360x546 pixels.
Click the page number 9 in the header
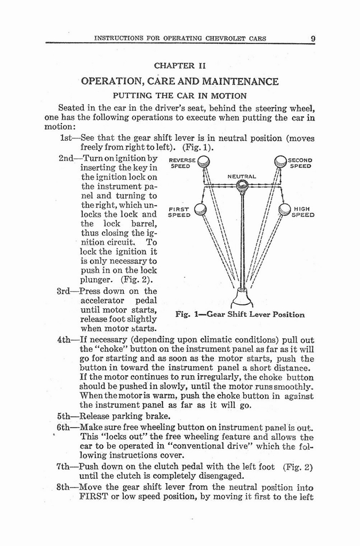(x=313, y=38)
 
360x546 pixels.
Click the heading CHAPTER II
(x=180, y=66)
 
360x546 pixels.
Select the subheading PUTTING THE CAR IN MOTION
(x=179, y=96)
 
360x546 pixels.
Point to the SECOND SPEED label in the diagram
(x=300, y=163)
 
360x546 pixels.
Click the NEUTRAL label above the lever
(x=242, y=176)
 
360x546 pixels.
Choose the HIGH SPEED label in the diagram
(x=303, y=212)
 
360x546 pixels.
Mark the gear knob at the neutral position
(x=242, y=186)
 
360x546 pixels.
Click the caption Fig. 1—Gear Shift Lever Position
(x=240, y=315)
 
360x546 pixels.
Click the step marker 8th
(x=66, y=487)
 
